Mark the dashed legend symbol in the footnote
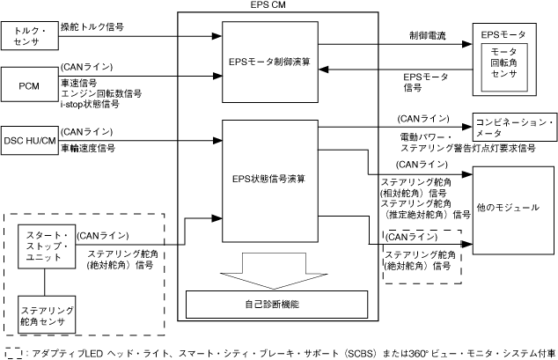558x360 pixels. tap(13, 352)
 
